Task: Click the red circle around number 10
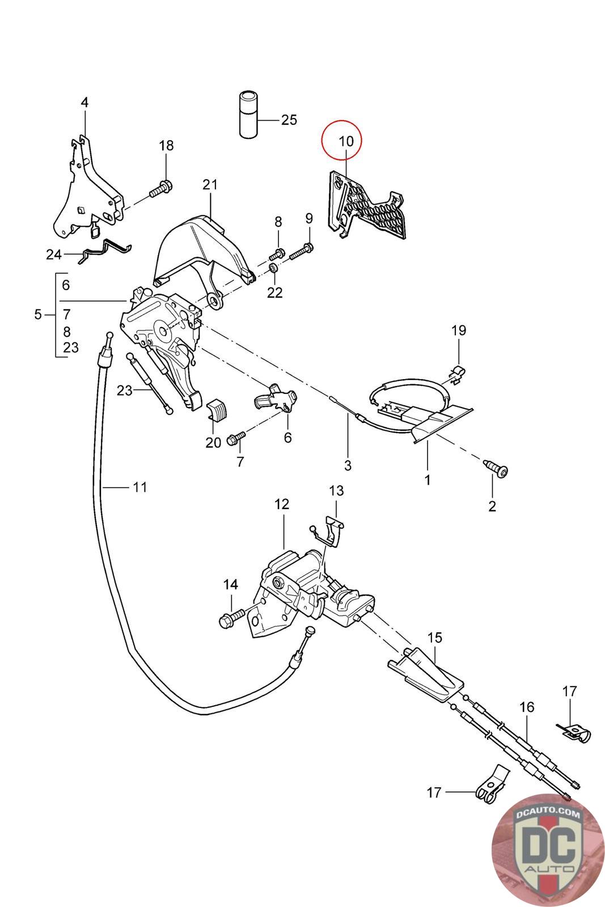[341, 140]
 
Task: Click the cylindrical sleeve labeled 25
[248, 116]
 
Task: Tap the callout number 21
[210, 185]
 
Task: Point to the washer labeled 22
[273, 268]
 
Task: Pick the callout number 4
[84, 102]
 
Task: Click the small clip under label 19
[457, 372]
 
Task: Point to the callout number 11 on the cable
[139, 487]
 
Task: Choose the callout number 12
[282, 504]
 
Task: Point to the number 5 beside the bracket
[37, 314]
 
